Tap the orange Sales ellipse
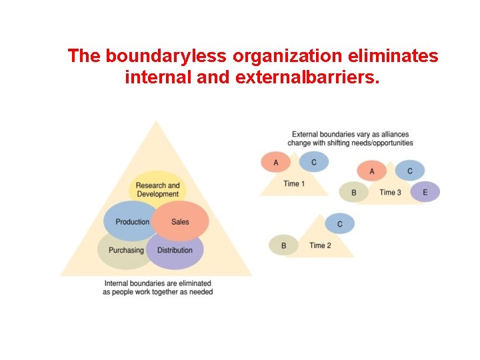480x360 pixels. (x=181, y=221)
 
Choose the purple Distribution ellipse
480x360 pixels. (x=175, y=251)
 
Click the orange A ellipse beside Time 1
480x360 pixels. (x=276, y=162)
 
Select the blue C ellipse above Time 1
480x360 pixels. (x=314, y=162)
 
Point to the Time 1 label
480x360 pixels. (x=294, y=183)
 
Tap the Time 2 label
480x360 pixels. (x=320, y=245)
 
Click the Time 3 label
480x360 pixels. (x=390, y=193)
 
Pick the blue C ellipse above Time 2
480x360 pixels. (x=340, y=223)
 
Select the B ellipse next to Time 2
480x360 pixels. (x=283, y=245)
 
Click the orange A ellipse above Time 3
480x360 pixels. (x=372, y=171)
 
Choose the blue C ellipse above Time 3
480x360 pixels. (x=410, y=171)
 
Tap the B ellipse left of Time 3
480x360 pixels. (x=354, y=193)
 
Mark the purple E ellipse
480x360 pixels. (x=425, y=192)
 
